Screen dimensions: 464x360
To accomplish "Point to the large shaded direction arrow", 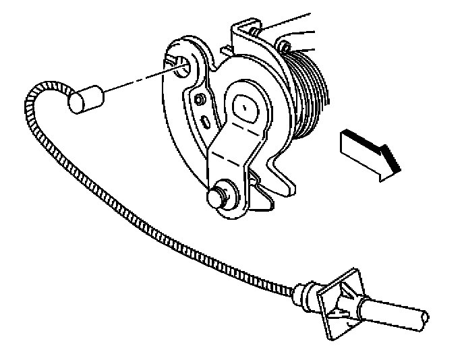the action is pyautogui.click(x=364, y=152).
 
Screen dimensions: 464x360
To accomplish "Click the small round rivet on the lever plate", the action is pyautogui.click(x=200, y=99).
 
